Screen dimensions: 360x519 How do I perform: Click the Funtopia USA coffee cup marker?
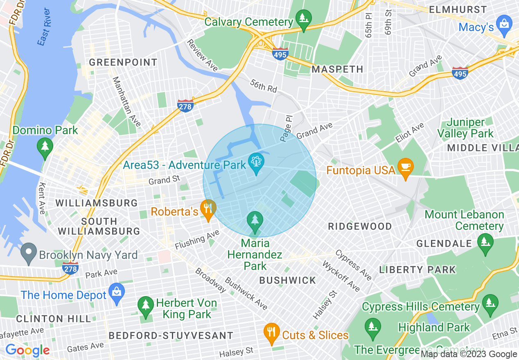coord(406,167)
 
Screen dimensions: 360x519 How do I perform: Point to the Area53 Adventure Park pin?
coord(256,162)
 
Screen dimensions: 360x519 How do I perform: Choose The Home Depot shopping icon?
coord(117,292)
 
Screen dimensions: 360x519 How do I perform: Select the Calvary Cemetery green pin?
coord(303,19)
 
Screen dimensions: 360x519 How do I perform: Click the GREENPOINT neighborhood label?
coord(123,63)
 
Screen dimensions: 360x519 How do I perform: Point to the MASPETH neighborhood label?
coord(337,70)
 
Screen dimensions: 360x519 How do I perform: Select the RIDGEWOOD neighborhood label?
coord(360,226)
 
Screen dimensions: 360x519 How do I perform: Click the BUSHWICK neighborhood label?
coord(288,280)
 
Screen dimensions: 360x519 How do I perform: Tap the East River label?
coord(44,32)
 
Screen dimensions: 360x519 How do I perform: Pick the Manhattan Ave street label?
coord(126,101)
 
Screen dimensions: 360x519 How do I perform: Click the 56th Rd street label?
coord(264,86)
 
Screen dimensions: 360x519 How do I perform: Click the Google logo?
coord(27,350)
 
